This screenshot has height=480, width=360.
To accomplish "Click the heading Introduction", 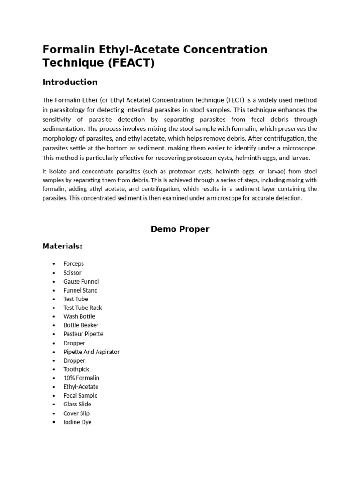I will [x=70, y=82].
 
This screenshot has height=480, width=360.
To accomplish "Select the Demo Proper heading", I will [x=180, y=229].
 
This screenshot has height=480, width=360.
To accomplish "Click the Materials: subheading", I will [x=62, y=246].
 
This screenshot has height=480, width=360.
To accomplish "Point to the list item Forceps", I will [x=74, y=263].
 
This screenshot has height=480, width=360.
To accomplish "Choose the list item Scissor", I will [x=72, y=272].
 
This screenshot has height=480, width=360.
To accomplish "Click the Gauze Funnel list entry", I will [x=81, y=281].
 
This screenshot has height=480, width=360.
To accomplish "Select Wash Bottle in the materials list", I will [x=79, y=316].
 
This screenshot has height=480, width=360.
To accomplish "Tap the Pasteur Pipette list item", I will [x=83, y=334].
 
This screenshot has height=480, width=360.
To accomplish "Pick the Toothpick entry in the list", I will [x=76, y=369].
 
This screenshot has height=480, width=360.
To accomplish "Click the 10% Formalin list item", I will [x=81, y=378].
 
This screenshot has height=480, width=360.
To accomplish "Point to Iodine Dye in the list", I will [x=77, y=422].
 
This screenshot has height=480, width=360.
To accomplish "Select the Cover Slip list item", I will [x=76, y=413].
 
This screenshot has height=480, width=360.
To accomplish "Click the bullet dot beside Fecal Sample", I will [x=54, y=396].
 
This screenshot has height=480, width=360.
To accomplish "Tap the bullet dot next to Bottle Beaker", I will [x=54, y=325].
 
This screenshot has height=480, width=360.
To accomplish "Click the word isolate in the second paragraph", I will [x=58, y=171].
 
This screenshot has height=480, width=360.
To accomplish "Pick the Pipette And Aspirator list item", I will [x=91, y=352].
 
